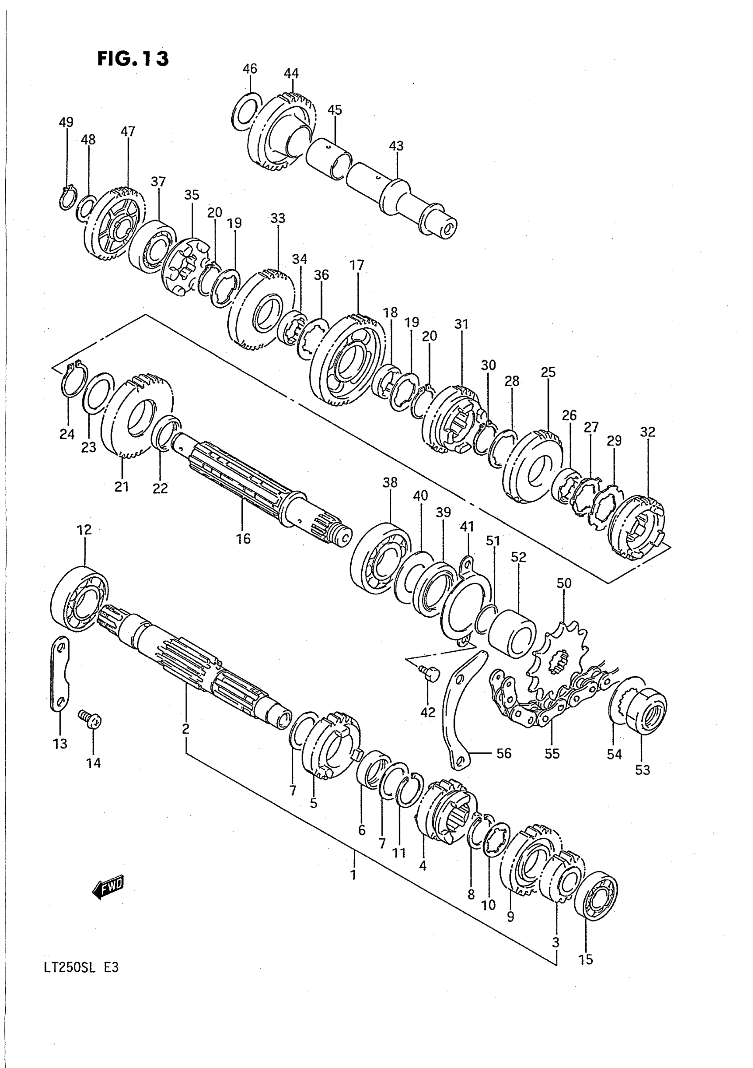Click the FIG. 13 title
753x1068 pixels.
pyautogui.click(x=132, y=59)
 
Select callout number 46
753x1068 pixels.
pyautogui.click(x=250, y=69)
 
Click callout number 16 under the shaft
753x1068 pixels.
pyautogui.click(x=243, y=539)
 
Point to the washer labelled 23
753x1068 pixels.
pyautogui.click(x=98, y=393)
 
